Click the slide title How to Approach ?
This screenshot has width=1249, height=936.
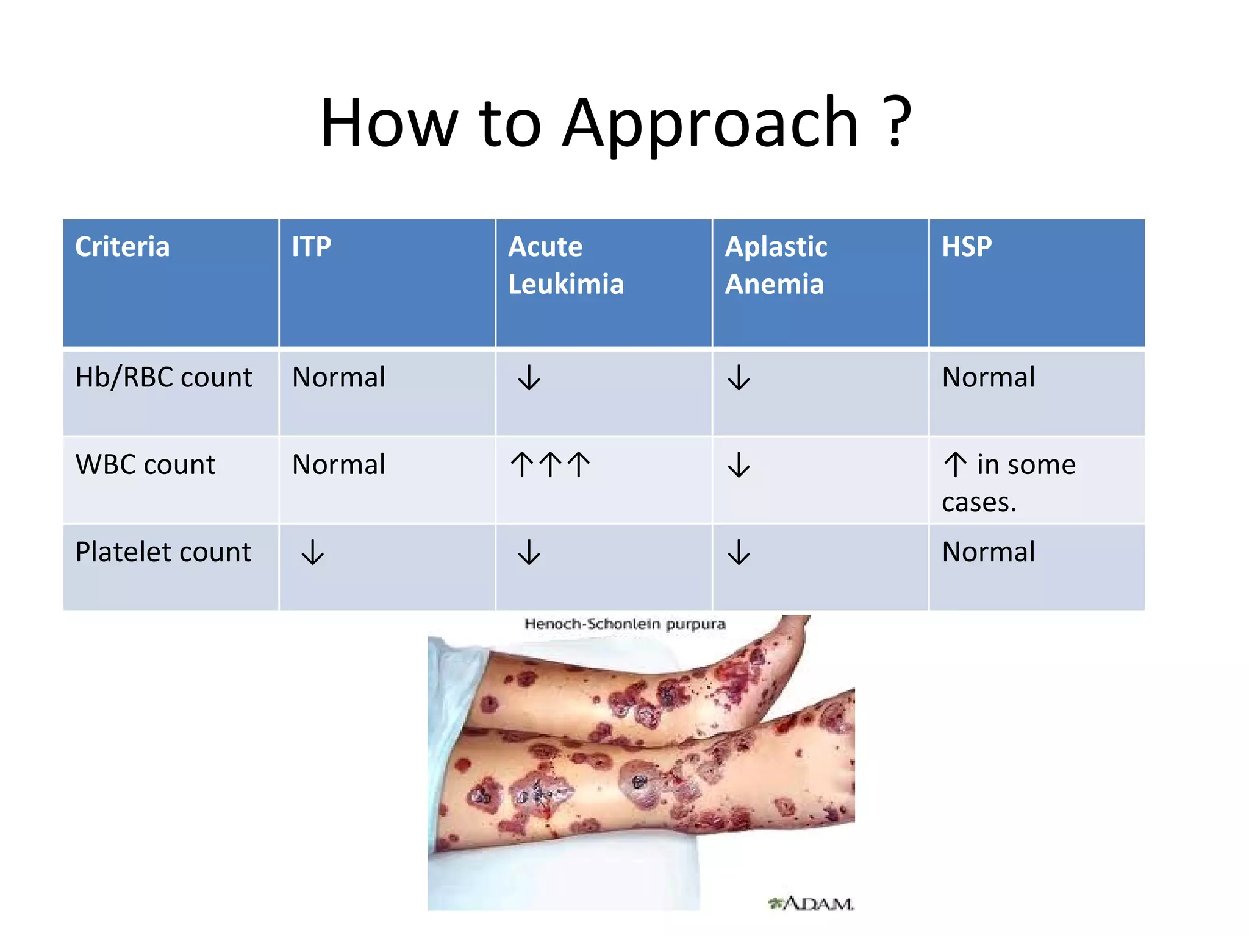[x=616, y=123]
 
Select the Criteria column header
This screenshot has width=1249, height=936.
[x=122, y=247]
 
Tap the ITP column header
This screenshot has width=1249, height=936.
[x=311, y=247]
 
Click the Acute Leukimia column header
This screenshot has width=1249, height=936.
[x=566, y=265]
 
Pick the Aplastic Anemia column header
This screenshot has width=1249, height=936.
[x=776, y=265]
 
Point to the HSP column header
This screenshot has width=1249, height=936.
[x=967, y=247]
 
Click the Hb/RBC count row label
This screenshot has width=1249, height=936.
[x=163, y=377]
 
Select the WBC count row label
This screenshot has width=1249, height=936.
[x=145, y=465]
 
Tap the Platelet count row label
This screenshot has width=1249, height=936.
[x=163, y=552]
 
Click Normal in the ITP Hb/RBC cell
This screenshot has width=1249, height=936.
[x=338, y=377]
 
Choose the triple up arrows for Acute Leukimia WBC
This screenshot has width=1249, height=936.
[x=550, y=464]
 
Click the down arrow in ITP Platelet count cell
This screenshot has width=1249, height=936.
[x=313, y=552]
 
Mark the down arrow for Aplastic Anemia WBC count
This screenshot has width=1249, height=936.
[x=739, y=465]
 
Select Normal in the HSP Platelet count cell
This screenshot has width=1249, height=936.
[x=989, y=552]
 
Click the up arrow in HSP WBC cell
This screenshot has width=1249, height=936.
[x=955, y=465]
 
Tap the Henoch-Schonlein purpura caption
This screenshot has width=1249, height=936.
[x=625, y=624]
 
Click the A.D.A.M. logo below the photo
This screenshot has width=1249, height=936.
[x=811, y=903]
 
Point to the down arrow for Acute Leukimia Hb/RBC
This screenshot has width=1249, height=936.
[x=529, y=378]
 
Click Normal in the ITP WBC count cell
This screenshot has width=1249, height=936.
[x=338, y=465]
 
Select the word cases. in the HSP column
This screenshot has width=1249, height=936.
[x=979, y=503]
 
